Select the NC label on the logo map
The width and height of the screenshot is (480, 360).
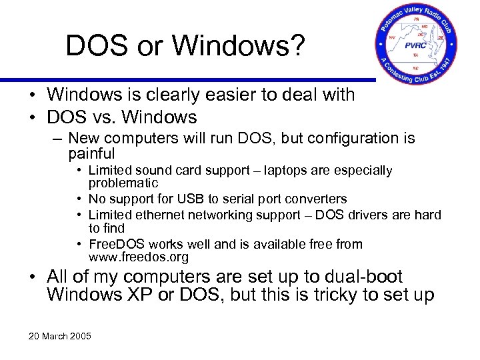click(x=416, y=67)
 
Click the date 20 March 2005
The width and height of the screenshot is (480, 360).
click(x=59, y=335)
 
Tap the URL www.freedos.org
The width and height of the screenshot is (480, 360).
click(x=138, y=257)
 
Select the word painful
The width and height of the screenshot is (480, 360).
click(x=92, y=153)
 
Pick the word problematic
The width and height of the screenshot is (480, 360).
click(x=123, y=183)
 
